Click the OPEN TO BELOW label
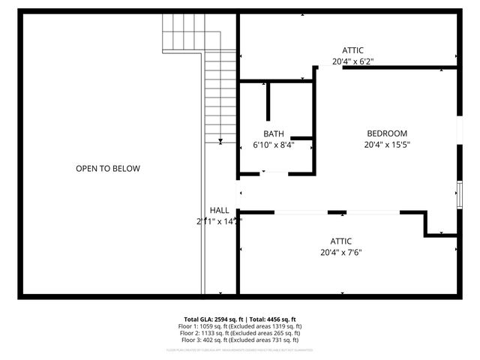pyautogui.click(x=107, y=169)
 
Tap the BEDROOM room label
pyautogui.click(x=387, y=133)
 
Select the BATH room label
pyautogui.click(x=274, y=133)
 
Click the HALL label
pyautogui.click(x=219, y=211)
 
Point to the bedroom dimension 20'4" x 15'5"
pyautogui.click(x=387, y=145)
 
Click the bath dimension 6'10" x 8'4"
pyautogui.click(x=274, y=145)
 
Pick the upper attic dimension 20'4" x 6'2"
pyautogui.click(x=352, y=62)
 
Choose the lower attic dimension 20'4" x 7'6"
pyautogui.click(x=341, y=253)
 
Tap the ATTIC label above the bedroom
pyautogui.click(x=352, y=50)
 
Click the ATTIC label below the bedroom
pyautogui.click(x=341, y=241)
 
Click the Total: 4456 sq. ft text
pyautogui.click(x=271, y=319)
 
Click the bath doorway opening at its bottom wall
pyautogui.click(x=274, y=174)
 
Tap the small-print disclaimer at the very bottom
pyautogui.click(x=239, y=349)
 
